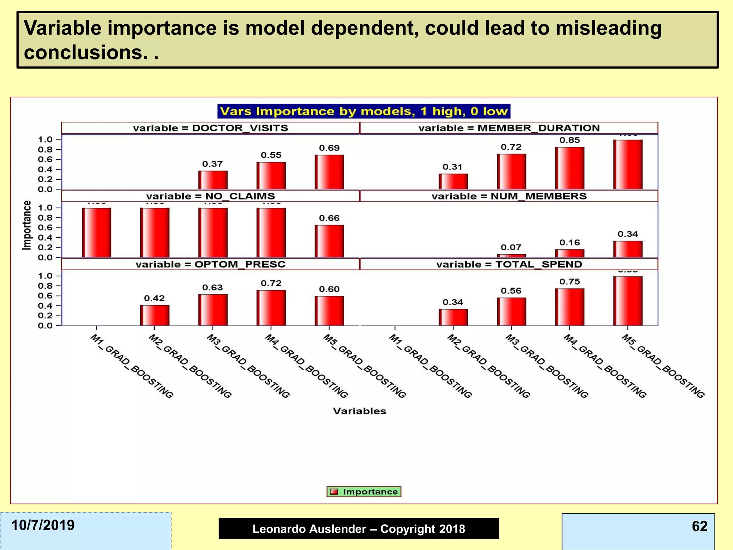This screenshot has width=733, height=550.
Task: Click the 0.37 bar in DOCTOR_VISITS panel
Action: [x=213, y=180]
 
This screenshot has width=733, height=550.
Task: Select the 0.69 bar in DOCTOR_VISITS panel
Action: [x=329, y=172]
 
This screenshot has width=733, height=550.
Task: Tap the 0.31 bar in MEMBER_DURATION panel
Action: [x=453, y=182]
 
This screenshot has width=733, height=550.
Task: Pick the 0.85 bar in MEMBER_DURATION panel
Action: [x=569, y=168]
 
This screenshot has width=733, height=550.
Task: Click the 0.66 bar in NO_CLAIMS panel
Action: [x=329, y=241]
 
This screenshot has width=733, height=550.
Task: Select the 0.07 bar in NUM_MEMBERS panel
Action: [x=511, y=256]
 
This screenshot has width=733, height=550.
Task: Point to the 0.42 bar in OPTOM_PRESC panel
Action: [x=155, y=315]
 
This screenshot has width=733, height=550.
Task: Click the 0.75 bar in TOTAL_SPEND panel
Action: [x=569, y=307]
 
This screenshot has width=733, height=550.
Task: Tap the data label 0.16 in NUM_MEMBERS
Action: [x=569, y=243]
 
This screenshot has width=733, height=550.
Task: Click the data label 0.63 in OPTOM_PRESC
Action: [x=213, y=288]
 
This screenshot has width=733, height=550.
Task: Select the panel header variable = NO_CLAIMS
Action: [x=210, y=196]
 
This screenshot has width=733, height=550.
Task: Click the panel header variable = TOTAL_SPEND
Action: [x=509, y=264]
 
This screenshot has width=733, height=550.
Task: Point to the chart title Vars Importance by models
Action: [x=364, y=111]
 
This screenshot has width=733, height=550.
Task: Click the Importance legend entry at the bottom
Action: [x=364, y=492]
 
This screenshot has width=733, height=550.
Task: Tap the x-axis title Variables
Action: [x=359, y=411]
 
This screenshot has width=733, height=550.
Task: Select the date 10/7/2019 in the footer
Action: [x=43, y=525]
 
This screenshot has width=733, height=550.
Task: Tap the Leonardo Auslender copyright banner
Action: [x=359, y=529]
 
